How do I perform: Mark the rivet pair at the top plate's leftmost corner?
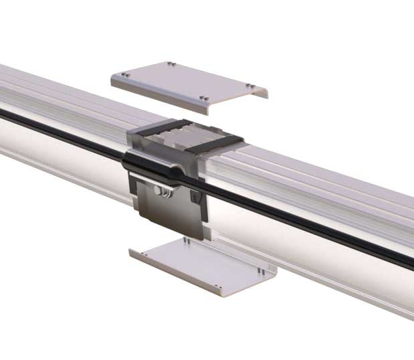(125, 75)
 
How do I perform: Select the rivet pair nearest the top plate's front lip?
(206, 99)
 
